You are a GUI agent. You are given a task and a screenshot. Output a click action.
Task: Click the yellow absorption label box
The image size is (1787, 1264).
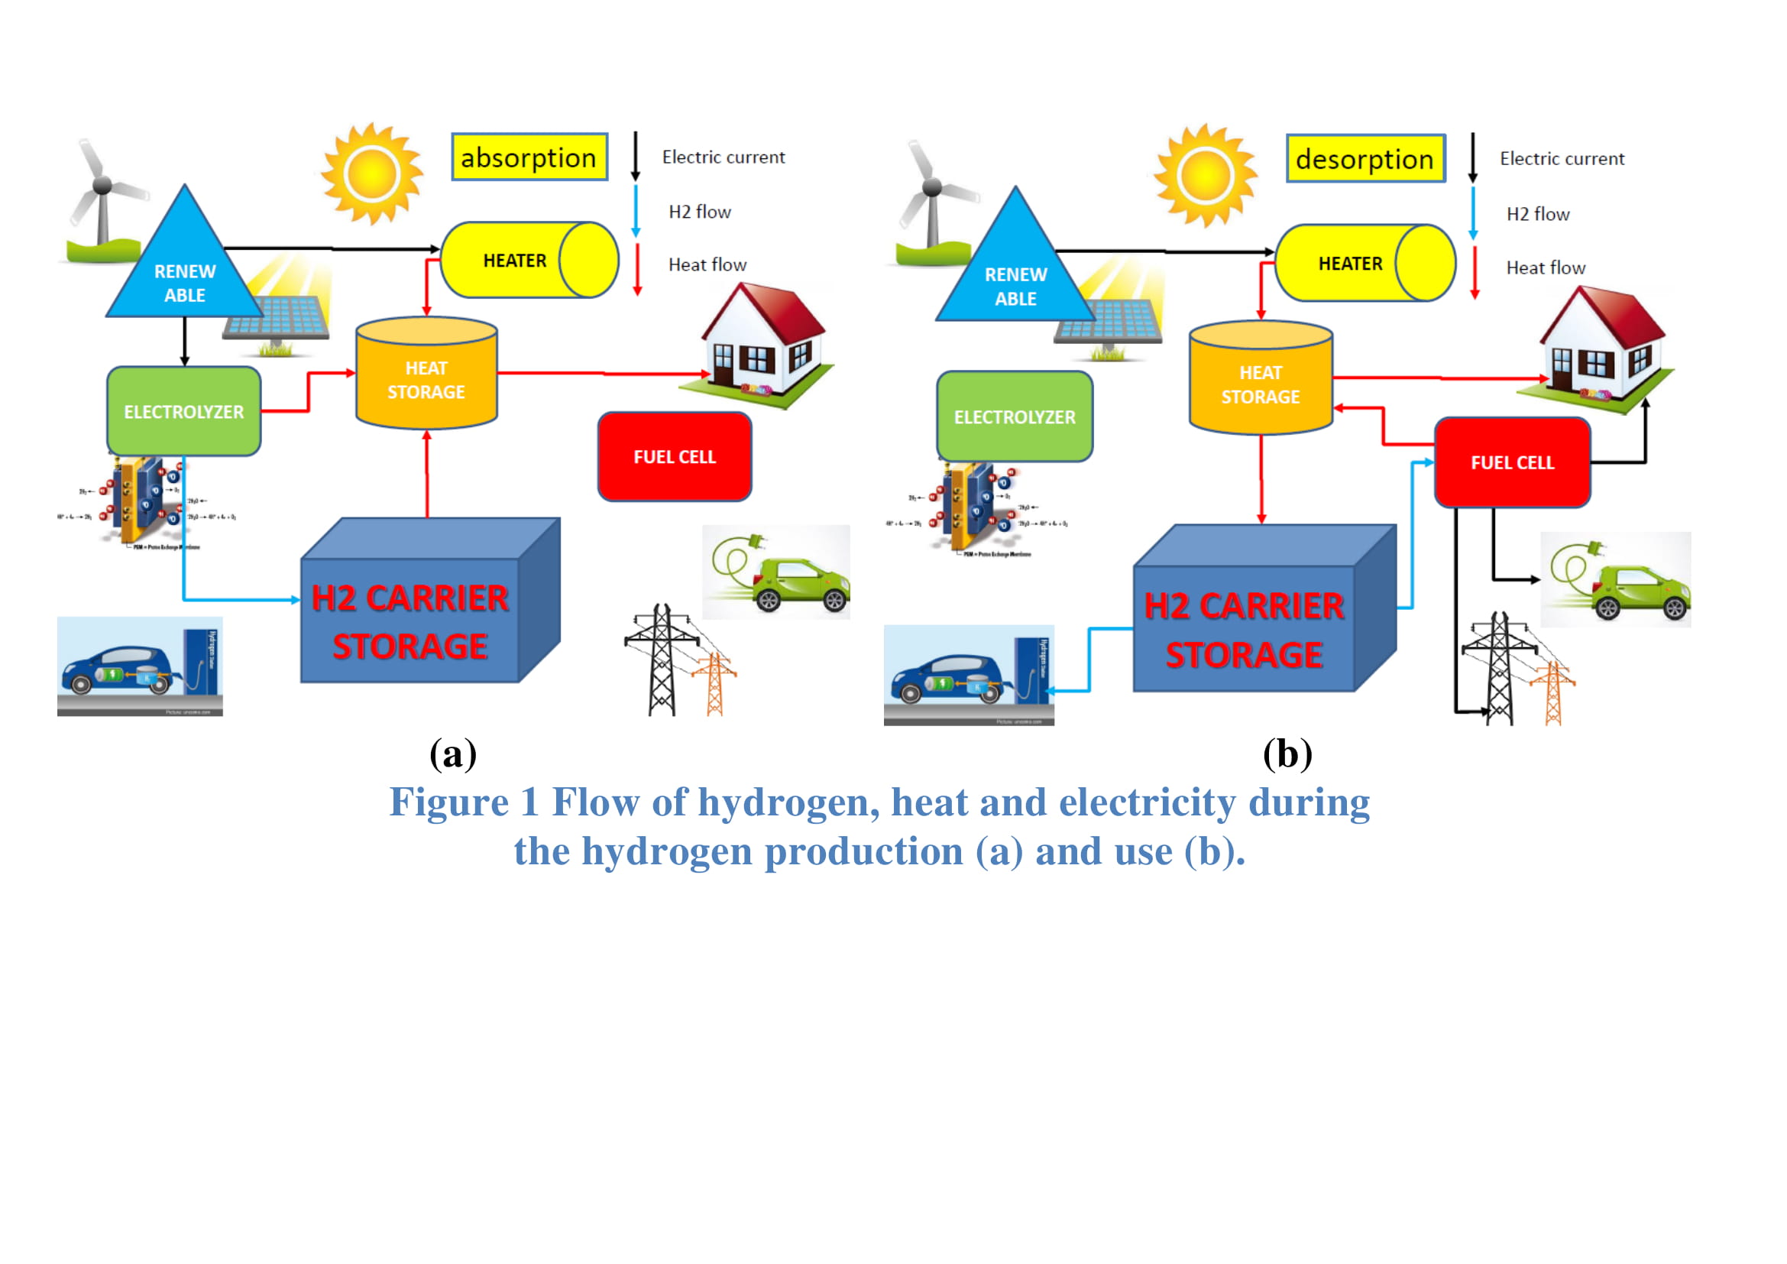[x=529, y=157]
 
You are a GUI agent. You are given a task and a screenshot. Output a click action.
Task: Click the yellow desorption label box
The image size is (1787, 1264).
[x=1365, y=159]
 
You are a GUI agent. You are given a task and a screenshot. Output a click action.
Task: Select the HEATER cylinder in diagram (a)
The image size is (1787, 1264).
[x=529, y=260]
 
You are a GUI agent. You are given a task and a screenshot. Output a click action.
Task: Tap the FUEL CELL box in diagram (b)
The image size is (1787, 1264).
[x=1512, y=462]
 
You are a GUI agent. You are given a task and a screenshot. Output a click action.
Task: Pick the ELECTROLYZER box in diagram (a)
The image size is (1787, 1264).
[x=183, y=412]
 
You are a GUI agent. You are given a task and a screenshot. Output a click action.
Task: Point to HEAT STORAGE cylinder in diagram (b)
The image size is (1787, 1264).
[x=1261, y=381]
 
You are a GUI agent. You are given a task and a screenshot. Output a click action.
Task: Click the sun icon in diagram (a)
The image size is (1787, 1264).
[x=372, y=173]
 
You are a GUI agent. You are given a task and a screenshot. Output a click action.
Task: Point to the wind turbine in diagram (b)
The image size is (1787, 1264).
[x=930, y=199]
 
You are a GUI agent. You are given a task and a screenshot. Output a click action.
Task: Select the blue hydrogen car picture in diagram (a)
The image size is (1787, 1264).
[x=140, y=666]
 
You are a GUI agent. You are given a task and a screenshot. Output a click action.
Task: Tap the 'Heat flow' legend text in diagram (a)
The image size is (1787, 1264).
[x=707, y=264]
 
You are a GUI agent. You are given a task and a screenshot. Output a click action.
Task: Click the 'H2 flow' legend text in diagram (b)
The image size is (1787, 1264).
[x=1538, y=214]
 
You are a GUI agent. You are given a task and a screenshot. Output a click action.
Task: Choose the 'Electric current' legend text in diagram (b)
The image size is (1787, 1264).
[x=1562, y=159]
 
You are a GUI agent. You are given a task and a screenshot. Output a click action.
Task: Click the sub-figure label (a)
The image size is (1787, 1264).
[x=453, y=754]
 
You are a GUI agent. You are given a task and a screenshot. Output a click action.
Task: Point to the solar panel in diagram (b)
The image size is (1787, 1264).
[x=1109, y=319]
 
